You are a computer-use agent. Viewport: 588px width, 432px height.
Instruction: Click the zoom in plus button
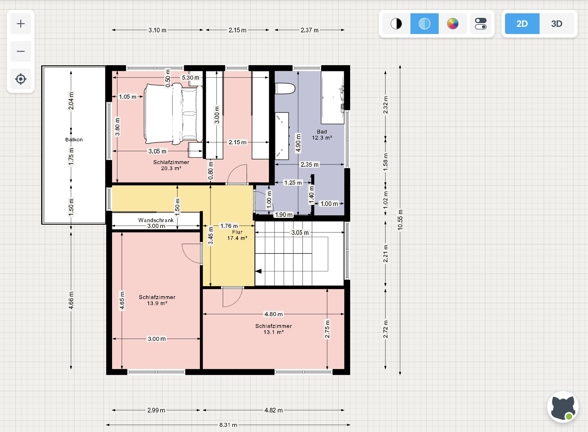(21, 24)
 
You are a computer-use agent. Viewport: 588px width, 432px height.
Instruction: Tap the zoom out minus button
(21, 51)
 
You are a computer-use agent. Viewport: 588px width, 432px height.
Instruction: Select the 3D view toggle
(557, 24)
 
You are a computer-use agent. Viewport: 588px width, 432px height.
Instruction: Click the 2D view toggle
(522, 24)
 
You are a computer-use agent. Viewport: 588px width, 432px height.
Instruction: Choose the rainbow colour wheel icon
(453, 24)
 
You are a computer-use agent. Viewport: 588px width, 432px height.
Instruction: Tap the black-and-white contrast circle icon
(396, 24)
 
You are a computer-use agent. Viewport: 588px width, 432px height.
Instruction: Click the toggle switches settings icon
(480, 24)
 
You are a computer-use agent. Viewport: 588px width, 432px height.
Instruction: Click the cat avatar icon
(563, 407)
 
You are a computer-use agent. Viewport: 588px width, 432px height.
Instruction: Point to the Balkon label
(74, 140)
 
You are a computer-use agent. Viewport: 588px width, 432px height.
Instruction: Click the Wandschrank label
(156, 220)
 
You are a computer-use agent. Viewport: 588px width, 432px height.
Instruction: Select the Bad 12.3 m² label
(322, 135)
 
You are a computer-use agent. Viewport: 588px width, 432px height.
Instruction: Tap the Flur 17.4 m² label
(237, 235)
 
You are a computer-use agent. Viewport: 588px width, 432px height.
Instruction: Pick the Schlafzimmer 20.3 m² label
(171, 165)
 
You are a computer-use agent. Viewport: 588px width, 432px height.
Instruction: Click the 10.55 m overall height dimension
(400, 220)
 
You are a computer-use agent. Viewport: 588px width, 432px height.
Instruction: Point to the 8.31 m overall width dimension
(228, 425)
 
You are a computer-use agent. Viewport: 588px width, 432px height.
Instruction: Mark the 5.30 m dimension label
(191, 78)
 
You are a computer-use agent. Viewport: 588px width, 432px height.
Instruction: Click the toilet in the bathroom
(285, 89)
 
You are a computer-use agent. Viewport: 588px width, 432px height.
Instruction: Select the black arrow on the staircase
(259, 271)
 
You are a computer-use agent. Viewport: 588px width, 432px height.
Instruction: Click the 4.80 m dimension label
(274, 314)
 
